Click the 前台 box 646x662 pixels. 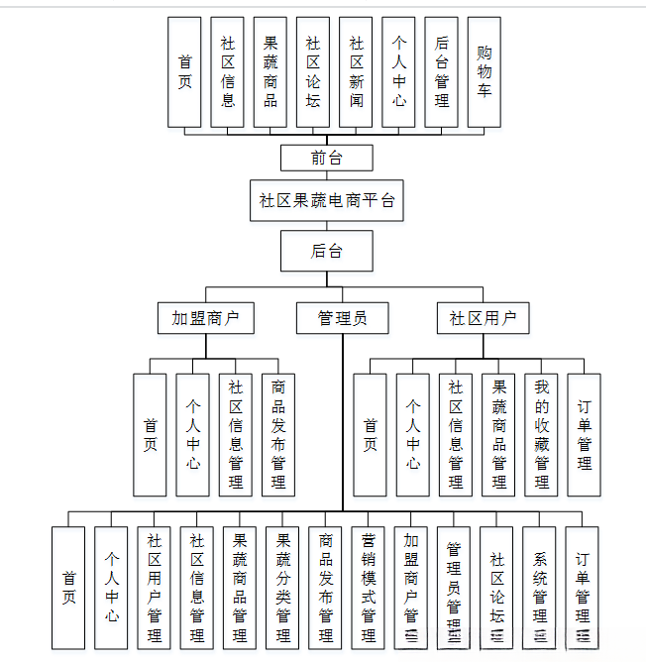click(327, 158)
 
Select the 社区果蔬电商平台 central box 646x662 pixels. click(327, 200)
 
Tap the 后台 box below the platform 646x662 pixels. click(327, 251)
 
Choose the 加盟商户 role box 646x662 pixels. click(206, 318)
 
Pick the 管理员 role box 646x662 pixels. click(342, 318)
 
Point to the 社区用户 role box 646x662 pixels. click(483, 318)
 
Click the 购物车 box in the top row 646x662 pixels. click(484, 71)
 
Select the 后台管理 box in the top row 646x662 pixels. click(441, 71)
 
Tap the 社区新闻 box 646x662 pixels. click(356, 71)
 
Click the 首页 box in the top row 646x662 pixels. click(184, 71)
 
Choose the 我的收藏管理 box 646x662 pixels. click(541, 434)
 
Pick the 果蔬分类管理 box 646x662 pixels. click(282, 588)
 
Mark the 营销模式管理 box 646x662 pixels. click(368, 588)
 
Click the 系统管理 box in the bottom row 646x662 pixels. click(539, 588)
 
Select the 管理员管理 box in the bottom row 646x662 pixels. click(453, 588)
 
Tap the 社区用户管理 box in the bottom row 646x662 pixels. click(154, 588)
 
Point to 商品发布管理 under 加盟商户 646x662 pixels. click(277, 434)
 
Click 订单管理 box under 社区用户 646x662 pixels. click(584, 434)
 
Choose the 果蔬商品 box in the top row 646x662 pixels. click(270, 71)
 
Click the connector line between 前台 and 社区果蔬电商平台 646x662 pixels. click(327, 174)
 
